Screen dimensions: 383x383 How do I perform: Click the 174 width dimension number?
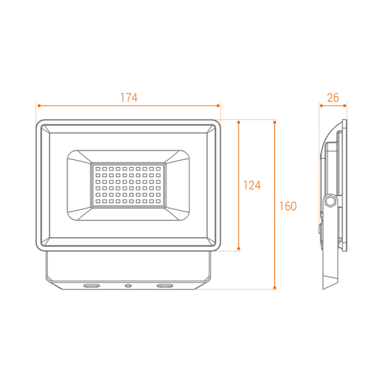click(x=128, y=98)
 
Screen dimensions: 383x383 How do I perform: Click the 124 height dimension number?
click(x=252, y=185)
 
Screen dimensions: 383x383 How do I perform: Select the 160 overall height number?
click(x=288, y=206)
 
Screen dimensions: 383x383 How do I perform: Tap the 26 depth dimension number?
click(x=332, y=98)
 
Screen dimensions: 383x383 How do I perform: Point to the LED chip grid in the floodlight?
click(x=128, y=185)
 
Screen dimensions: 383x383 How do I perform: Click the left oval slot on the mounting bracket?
click(x=92, y=285)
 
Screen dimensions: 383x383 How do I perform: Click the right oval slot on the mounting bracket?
click(x=164, y=285)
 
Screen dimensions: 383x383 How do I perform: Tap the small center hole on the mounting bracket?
click(x=128, y=285)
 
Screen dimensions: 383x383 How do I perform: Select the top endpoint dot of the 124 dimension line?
click(x=238, y=122)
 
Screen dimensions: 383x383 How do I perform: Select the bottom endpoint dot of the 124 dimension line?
click(x=238, y=249)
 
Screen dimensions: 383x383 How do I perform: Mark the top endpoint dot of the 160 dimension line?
click(x=275, y=122)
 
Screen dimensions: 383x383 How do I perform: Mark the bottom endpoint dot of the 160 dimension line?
click(x=275, y=288)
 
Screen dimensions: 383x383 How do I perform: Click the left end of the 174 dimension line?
click(x=38, y=106)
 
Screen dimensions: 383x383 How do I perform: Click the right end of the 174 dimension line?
click(x=219, y=106)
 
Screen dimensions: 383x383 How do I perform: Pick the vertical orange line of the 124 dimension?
click(x=238, y=153)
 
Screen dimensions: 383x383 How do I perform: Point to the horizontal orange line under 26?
click(x=332, y=106)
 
